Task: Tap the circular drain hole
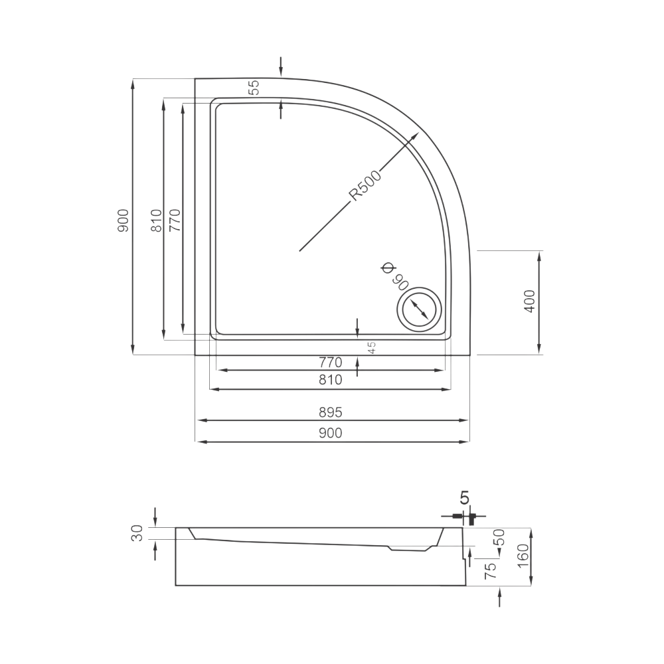[419, 309]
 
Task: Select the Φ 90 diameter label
[394, 276]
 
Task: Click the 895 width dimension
[330, 412]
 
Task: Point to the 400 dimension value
[530, 301]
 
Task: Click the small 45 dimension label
[371, 348]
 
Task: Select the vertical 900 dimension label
[123, 220]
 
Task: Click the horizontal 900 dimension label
[330, 433]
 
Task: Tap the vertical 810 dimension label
[156, 220]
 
